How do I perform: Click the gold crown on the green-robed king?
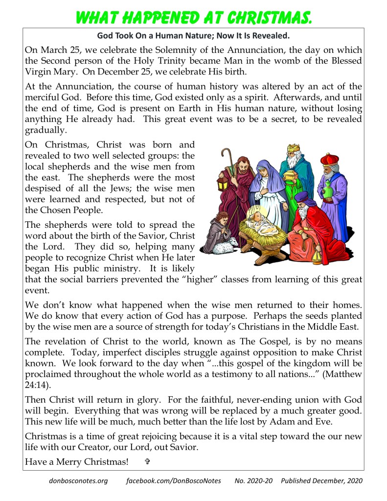293,147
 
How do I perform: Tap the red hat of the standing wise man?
330,159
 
